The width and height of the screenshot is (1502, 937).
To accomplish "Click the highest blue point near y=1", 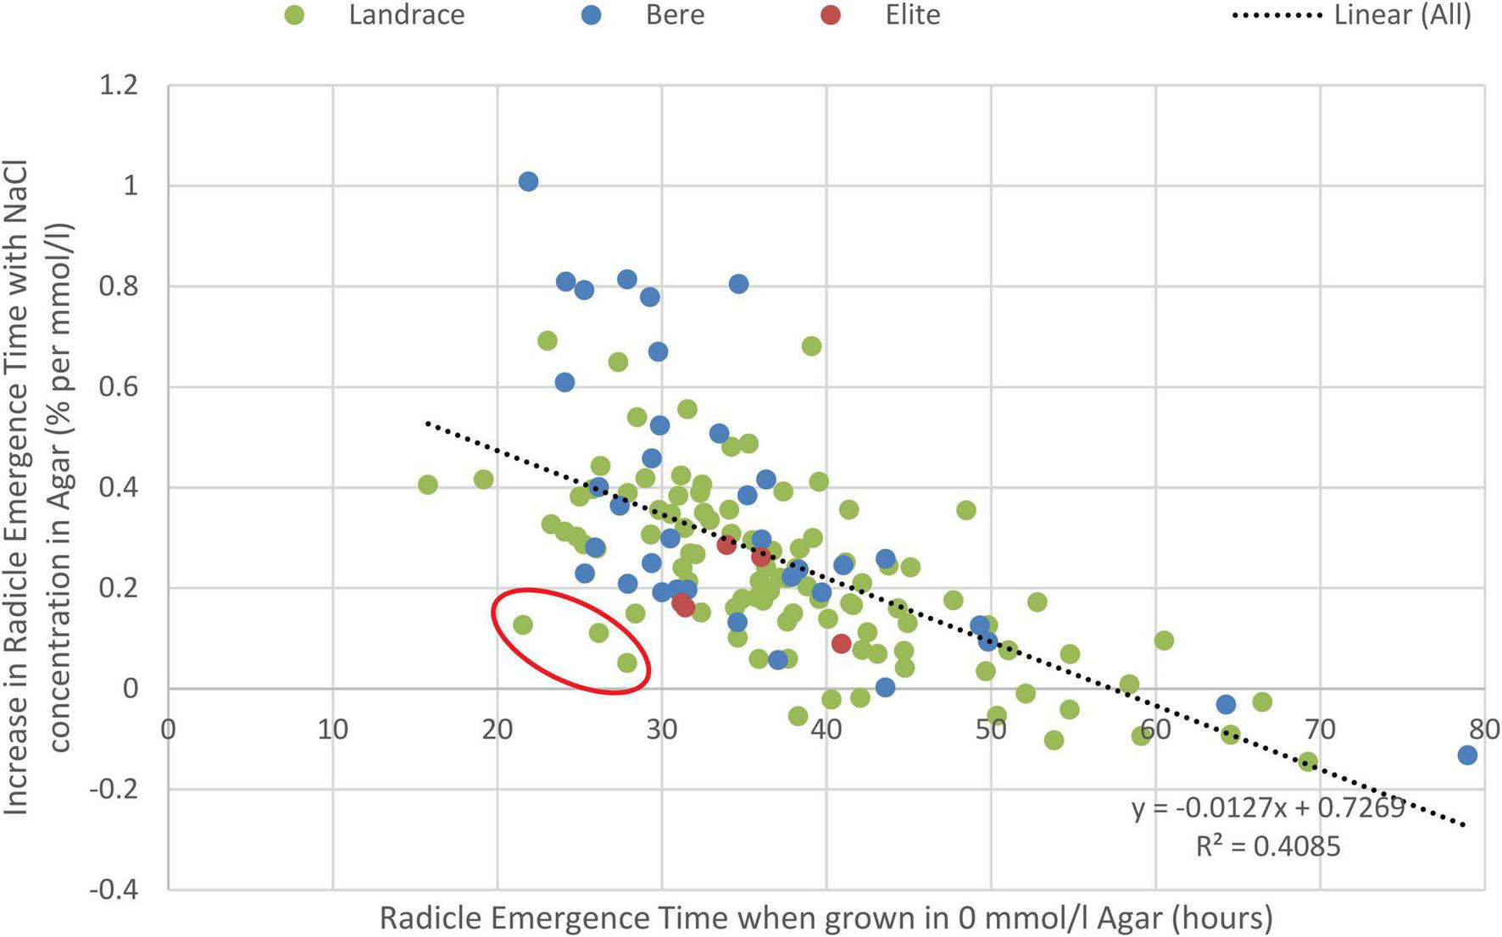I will tap(528, 181).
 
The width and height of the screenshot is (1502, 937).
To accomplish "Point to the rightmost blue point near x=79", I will tap(1467, 755).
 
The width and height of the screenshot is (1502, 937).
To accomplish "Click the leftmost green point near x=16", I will tap(428, 485).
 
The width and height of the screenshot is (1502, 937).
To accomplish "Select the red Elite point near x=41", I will tap(841, 644).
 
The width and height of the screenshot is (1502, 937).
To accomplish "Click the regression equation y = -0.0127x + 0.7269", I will tap(1268, 807).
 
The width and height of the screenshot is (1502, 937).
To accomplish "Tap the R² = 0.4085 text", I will tap(1268, 846).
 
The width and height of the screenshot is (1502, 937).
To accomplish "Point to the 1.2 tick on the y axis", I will tap(119, 86).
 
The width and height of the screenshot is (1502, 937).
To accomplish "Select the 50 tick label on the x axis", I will tap(991, 729).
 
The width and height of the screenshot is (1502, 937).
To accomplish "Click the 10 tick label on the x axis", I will tap(332, 729).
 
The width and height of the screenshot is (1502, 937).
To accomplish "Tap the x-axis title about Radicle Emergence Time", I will tap(826, 918).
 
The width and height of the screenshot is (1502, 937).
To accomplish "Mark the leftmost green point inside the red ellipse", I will tap(523, 625).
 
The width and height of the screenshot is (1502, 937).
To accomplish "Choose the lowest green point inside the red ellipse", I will tap(627, 663).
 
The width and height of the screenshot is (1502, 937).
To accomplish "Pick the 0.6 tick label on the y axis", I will tap(119, 387).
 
